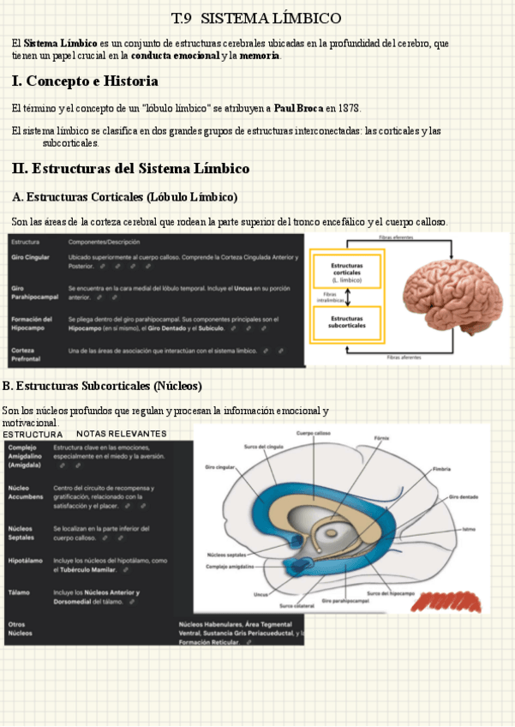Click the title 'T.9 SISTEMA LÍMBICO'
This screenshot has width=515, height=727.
pos(256,18)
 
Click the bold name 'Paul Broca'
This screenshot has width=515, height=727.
pos(299,109)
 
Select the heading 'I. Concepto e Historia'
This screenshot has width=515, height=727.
pos(85,81)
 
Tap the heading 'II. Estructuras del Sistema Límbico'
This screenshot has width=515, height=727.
pos(130,168)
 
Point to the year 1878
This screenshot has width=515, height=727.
pos(349,109)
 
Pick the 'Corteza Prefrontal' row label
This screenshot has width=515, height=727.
pos(23,355)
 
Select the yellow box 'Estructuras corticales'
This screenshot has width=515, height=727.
pos(347,271)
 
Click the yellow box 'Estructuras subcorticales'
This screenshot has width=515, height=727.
pos(347,321)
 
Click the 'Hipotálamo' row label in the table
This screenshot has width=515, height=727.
pos(24,560)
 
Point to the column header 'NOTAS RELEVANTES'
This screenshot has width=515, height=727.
pos(121,434)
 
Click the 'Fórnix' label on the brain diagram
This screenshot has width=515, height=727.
pos(382,438)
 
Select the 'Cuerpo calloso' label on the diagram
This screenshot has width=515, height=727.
pos(314,434)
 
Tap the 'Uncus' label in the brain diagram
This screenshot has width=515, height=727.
pos(261,593)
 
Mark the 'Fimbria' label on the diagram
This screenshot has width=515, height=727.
pos(442,469)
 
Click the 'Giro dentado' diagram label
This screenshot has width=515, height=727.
pos(463,496)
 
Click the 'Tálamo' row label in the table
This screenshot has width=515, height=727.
pos(18,592)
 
